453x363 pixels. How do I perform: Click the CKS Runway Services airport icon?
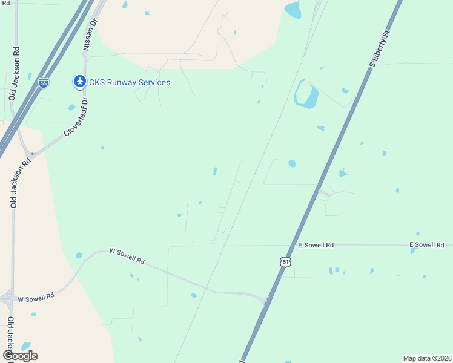click(79, 81)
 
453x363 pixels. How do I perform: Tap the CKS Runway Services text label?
click(130, 82)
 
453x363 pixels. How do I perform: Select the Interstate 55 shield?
click(44, 83)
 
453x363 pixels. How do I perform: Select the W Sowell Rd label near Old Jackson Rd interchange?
click(36, 298)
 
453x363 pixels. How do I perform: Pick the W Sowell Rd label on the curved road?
click(127, 256)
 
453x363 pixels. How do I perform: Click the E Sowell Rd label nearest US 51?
click(316, 245)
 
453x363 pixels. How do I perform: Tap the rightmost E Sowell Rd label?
click(427, 244)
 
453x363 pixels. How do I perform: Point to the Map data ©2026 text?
click(427, 358)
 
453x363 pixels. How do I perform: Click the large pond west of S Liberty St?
click(306, 95)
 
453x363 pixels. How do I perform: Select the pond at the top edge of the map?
click(293, 9)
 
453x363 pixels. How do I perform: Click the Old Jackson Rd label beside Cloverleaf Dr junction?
click(14, 182)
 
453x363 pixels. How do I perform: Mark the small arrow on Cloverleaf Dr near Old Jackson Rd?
click(33, 154)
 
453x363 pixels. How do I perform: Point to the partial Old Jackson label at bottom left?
click(10, 336)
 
